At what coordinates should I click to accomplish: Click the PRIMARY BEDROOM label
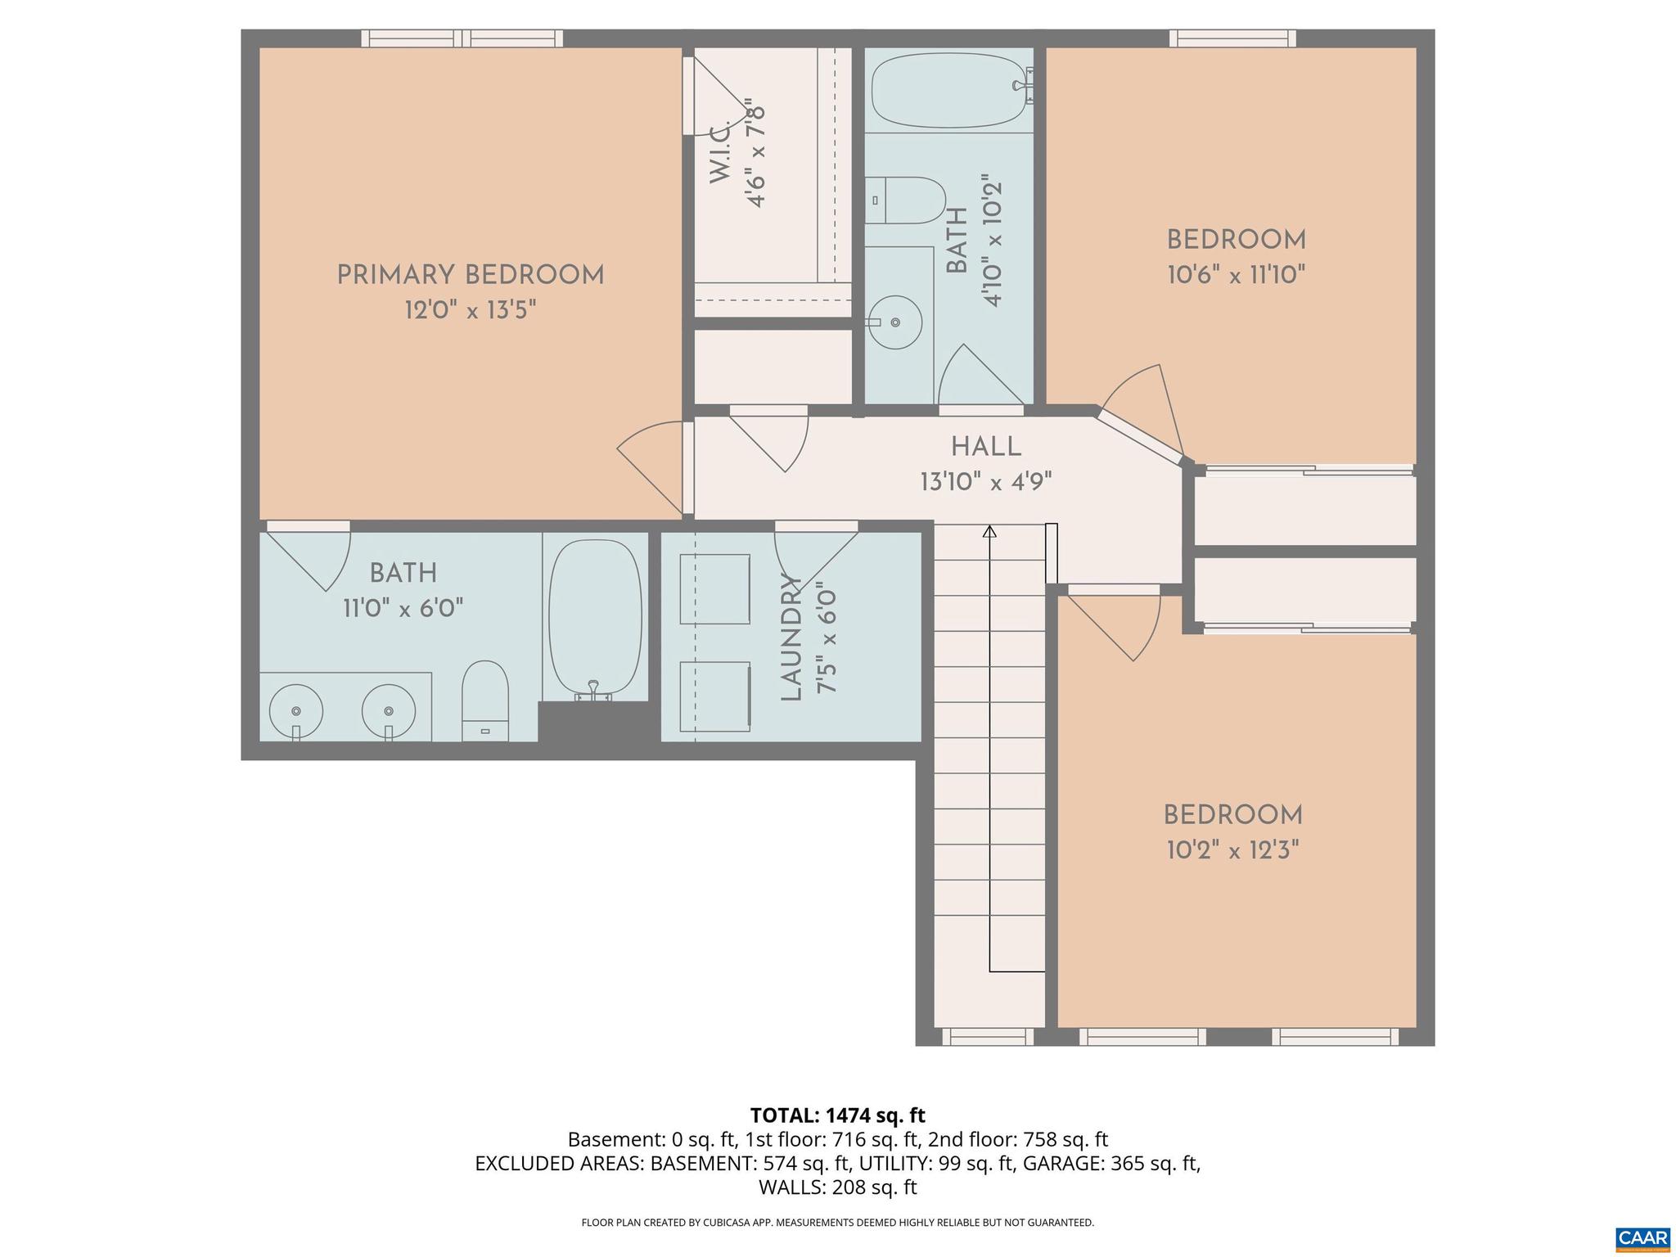[471, 275]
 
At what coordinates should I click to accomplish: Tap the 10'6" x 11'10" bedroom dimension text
[1236, 275]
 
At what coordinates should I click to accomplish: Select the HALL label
[986, 447]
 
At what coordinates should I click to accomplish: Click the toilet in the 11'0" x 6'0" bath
[485, 702]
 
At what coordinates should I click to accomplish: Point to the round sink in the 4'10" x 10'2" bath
[895, 322]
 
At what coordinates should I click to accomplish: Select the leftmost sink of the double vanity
[295, 711]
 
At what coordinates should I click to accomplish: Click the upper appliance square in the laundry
[714, 589]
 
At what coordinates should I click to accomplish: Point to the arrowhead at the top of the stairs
[989, 532]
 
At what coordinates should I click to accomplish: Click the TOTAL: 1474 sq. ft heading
[837, 1115]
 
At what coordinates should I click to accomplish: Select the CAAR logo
[1643, 1238]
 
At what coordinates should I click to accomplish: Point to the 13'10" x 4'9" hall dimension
[985, 482]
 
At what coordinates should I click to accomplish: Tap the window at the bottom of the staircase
[988, 1038]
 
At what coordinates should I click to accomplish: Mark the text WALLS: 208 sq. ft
[837, 1187]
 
